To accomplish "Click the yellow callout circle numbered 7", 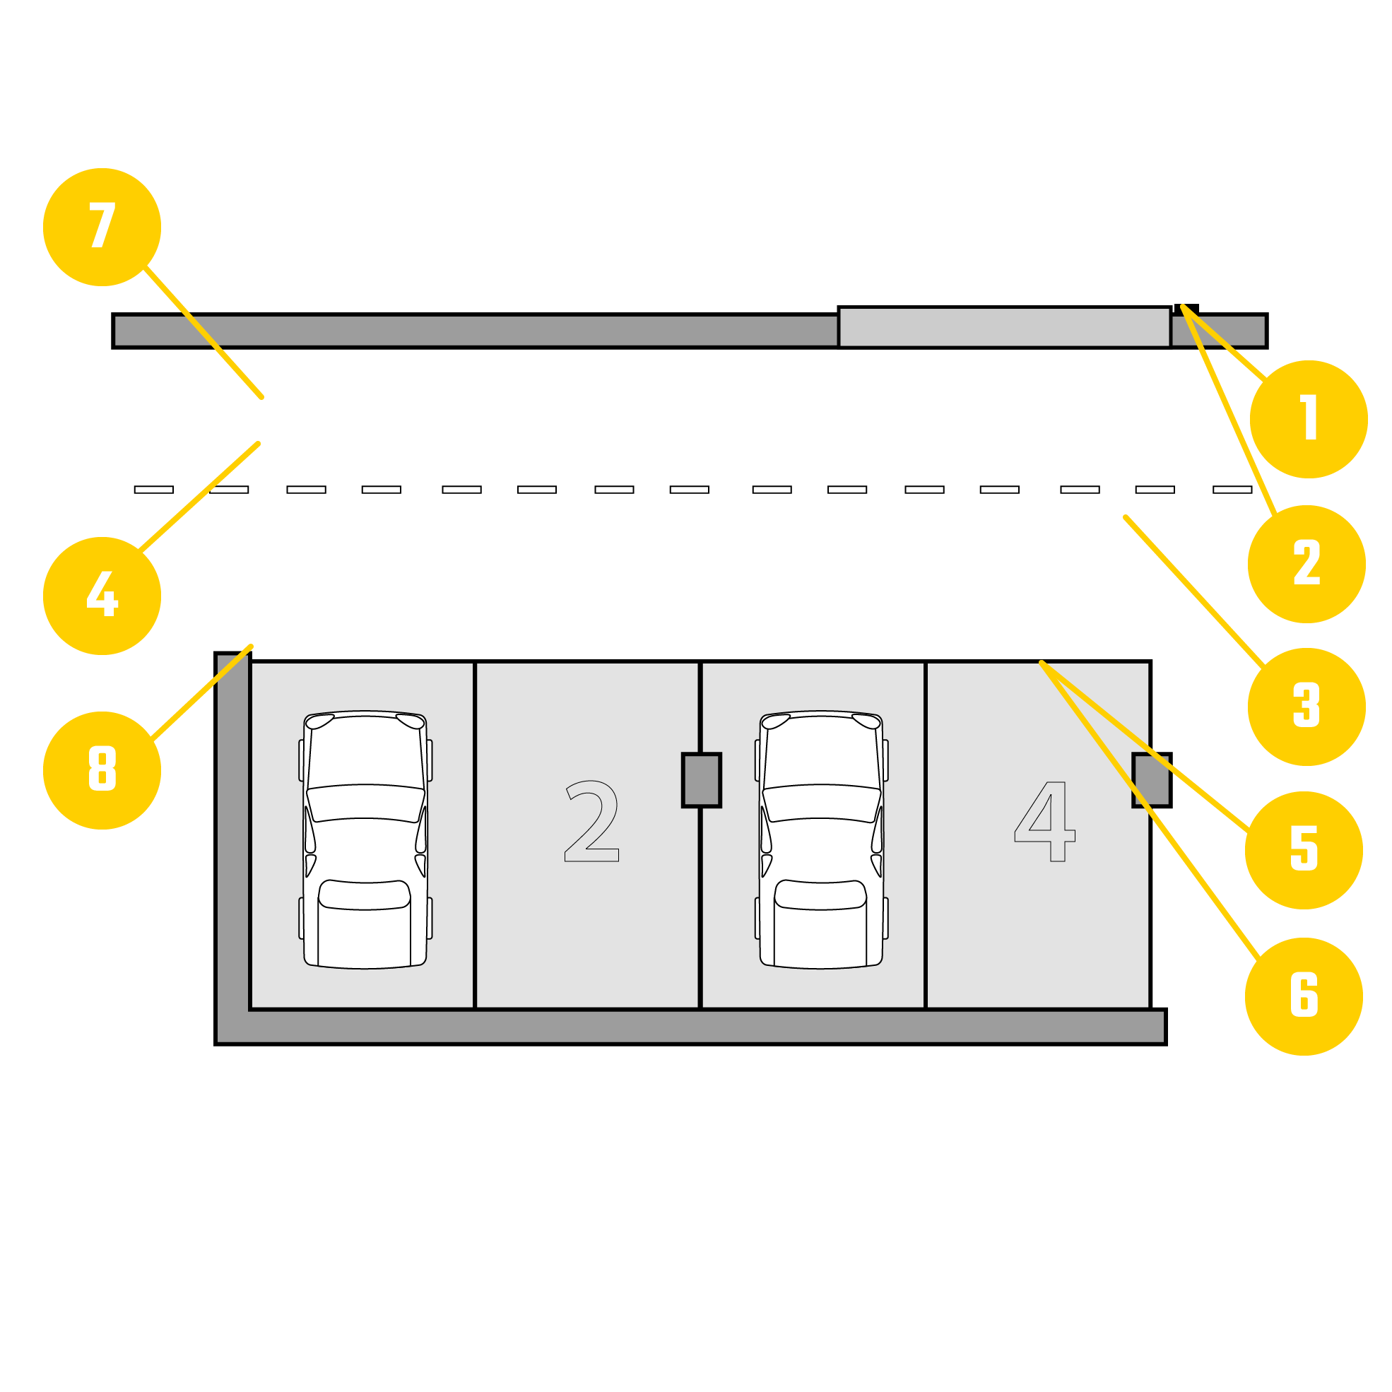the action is coord(102,227).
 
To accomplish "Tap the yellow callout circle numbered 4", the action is coord(102,596).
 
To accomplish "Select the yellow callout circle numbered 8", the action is coord(102,770).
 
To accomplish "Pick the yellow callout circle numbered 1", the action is coord(1309,419).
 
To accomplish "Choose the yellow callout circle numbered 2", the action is coord(1307,564).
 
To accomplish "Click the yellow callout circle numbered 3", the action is coord(1307,707).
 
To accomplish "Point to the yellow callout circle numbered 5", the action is coord(1304,850).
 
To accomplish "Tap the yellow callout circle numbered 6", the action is coord(1304,996).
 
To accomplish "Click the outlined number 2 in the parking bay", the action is coord(591,820).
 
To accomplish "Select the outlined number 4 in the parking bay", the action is coord(1044,821).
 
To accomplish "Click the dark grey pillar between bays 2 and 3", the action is coord(701,780).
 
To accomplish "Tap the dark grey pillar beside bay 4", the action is coord(1151,780).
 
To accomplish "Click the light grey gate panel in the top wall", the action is coord(1004,327).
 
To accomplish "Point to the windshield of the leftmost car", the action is coord(365,802).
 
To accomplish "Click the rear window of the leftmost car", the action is coord(365,895).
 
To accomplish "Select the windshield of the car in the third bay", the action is coord(821,802).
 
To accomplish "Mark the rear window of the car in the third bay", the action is coord(820,895).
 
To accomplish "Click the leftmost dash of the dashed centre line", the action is coord(153,490).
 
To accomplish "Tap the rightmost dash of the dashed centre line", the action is coord(1232,490).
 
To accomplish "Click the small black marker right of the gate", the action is coord(1186,308).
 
